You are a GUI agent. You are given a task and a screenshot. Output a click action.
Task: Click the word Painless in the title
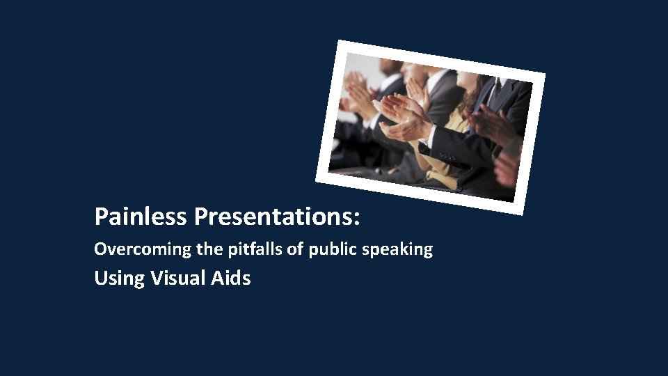(142, 217)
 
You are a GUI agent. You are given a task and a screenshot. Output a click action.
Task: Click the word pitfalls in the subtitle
(240, 249)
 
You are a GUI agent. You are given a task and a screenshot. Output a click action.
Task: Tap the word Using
(119, 279)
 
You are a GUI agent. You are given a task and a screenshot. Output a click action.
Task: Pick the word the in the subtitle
(197, 249)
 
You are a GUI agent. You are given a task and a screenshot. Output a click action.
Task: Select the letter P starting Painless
(101, 217)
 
